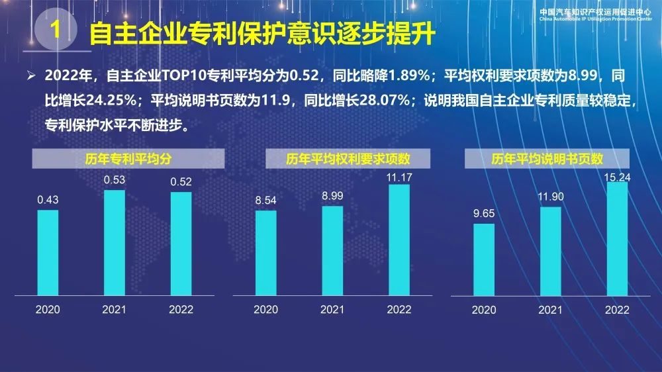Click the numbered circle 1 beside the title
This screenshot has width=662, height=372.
57,30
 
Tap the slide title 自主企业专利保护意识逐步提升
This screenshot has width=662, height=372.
265,32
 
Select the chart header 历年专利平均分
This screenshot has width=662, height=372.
125,159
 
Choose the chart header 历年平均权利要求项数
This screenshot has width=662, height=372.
348,159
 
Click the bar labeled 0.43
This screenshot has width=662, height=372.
48,252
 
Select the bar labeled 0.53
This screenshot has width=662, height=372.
115,242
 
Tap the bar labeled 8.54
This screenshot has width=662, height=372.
266,252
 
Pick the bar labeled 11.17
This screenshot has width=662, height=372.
399,239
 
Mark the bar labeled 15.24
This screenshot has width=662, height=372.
618,238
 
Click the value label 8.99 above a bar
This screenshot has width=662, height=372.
332,196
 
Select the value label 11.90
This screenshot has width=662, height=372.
550,197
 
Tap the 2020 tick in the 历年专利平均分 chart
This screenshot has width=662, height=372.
48,309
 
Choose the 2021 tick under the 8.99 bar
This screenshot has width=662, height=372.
332,309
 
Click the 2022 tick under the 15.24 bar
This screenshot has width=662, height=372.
618,310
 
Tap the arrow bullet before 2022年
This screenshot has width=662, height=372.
30,77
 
